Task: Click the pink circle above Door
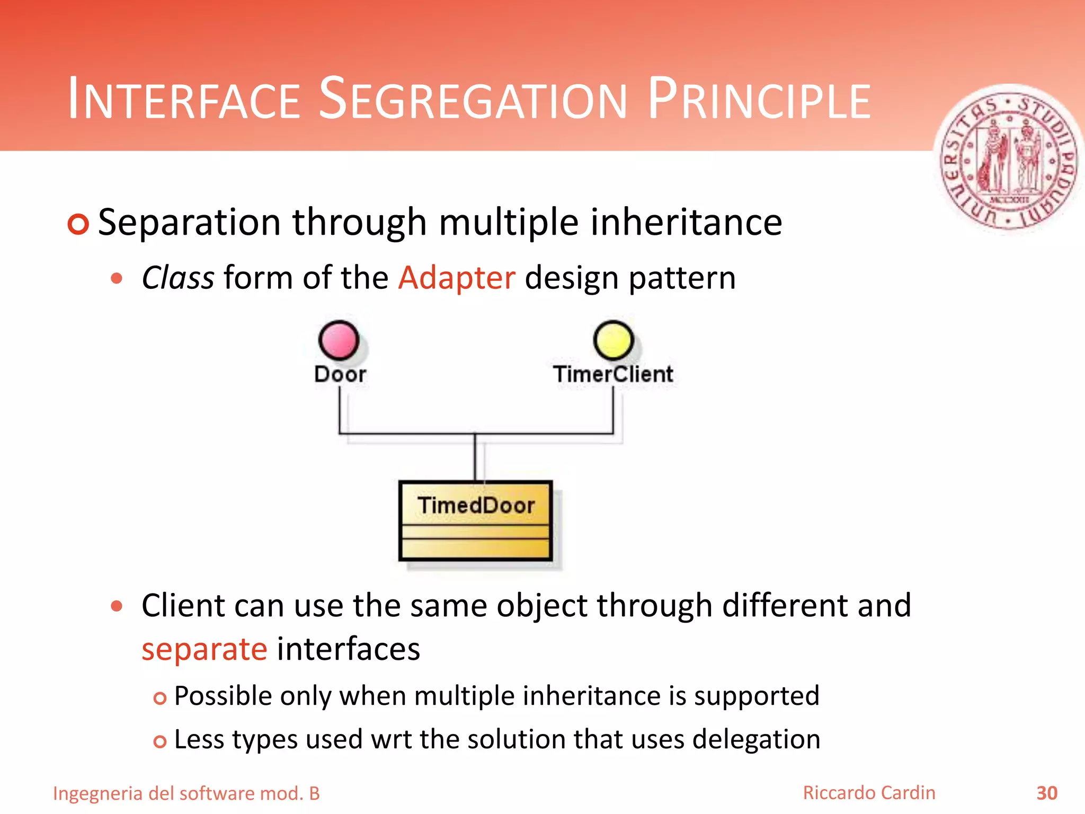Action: pyautogui.click(x=339, y=340)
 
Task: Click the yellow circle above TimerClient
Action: pyautogui.click(x=613, y=340)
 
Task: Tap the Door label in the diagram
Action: pyautogui.click(x=340, y=374)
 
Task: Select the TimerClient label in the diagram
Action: pyautogui.click(x=613, y=374)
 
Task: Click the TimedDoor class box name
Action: pyautogui.click(x=476, y=505)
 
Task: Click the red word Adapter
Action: pyautogui.click(x=457, y=278)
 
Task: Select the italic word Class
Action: pyautogui.click(x=178, y=278)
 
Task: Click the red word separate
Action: pyautogui.click(x=204, y=649)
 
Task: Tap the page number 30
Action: pyautogui.click(x=1047, y=793)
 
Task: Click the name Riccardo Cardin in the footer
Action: pyautogui.click(x=869, y=793)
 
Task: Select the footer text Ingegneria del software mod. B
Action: pyautogui.click(x=186, y=793)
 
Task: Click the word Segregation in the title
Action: pyautogui.click(x=473, y=99)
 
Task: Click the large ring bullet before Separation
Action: pyautogui.click(x=78, y=224)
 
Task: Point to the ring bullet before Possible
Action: pyautogui.click(x=159, y=698)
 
